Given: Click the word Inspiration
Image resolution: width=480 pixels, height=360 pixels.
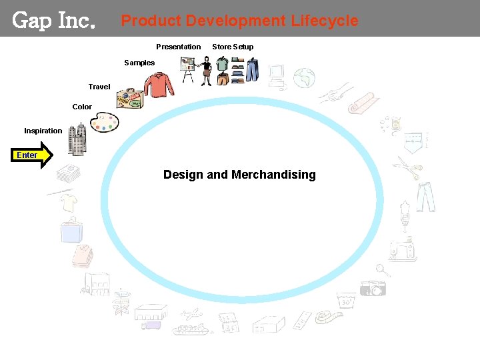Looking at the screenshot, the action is tap(43, 131).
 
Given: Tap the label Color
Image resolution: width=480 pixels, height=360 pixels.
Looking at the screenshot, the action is tap(82, 107).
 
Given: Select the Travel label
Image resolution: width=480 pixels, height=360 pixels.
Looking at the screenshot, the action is tap(99, 87).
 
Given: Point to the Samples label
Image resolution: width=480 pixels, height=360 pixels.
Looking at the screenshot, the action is tap(139, 63).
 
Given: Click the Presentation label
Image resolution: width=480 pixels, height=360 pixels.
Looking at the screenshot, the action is tap(178, 47).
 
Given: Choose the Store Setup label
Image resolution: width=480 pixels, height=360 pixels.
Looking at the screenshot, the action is tap(233, 47).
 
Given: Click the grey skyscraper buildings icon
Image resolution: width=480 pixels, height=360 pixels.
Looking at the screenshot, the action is tap(77, 140).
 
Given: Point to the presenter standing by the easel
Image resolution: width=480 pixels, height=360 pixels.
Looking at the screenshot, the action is tap(206, 71).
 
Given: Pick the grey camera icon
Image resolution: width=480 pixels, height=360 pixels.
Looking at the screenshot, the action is tap(373, 287).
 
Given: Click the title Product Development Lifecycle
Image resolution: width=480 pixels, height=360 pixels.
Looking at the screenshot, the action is tap(239, 21).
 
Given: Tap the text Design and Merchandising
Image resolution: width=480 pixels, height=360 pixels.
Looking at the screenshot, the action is tap(239, 175).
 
